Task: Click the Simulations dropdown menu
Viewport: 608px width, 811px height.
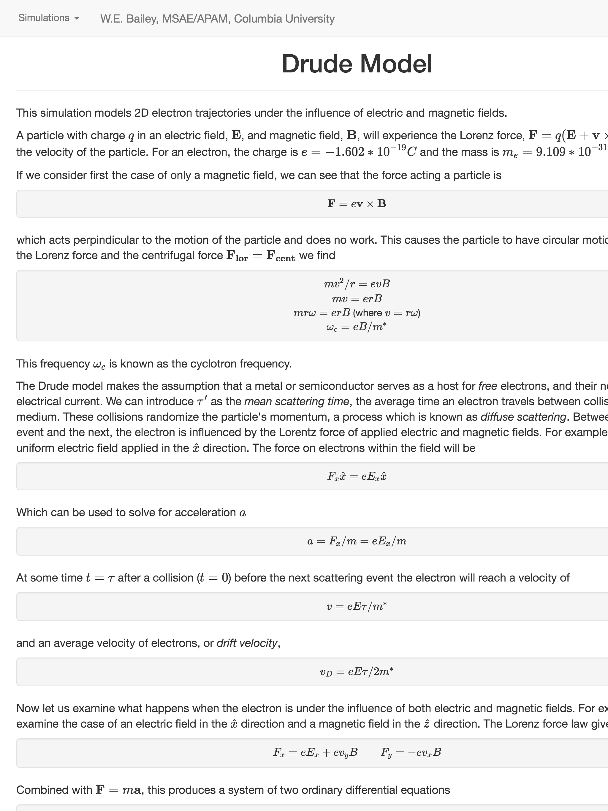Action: pos(48,18)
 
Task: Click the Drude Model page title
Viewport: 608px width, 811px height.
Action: pos(357,64)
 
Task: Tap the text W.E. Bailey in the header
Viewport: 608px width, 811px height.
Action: pos(128,19)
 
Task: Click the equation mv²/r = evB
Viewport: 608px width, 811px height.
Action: pos(357,284)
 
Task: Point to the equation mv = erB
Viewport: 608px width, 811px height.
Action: pos(357,299)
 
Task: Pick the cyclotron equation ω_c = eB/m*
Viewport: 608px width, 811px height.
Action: pos(357,327)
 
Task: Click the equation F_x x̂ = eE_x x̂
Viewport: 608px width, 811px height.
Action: pos(357,476)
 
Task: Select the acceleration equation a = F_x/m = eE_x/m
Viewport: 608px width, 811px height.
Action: pos(357,541)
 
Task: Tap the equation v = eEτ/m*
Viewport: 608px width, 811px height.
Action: pos(357,606)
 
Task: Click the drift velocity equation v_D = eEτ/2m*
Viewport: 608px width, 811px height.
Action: pos(357,672)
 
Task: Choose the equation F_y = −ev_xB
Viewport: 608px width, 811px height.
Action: pos(411,752)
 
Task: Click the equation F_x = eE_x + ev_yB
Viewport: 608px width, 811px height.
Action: pos(315,752)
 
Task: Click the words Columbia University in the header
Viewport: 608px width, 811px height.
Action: pos(284,19)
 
